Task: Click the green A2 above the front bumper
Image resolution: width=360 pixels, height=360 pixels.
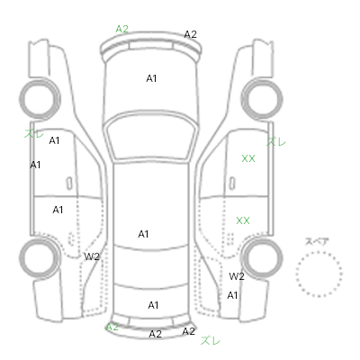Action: coord(122,29)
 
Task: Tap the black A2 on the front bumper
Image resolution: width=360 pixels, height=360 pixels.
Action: coord(190,34)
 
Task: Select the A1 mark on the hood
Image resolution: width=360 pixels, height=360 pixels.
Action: coord(151,78)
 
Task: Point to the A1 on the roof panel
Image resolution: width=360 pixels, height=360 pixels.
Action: coord(143,234)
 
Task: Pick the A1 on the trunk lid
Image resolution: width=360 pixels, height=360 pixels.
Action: coord(153,305)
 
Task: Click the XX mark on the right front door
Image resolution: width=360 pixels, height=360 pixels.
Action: coord(248,158)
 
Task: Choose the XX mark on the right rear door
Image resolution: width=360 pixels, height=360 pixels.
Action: coord(243,220)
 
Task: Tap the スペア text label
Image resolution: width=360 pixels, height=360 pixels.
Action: coord(317,241)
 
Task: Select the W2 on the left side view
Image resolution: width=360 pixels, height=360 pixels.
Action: coord(92,256)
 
